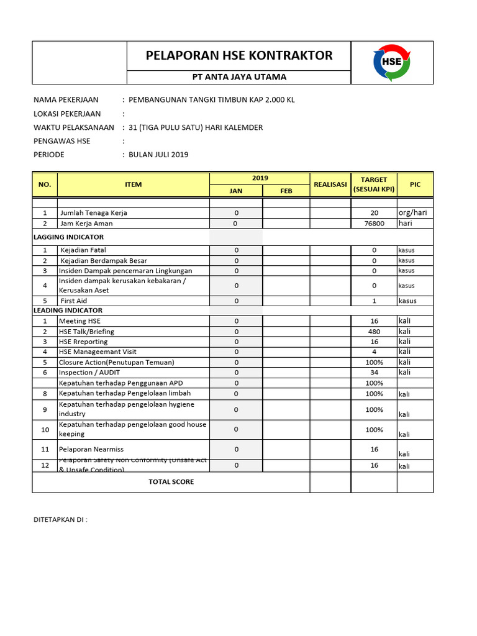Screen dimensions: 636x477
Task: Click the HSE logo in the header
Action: (392, 63)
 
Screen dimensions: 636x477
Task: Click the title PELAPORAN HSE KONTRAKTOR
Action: (239, 55)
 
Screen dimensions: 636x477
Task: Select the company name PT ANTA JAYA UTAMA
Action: (238, 77)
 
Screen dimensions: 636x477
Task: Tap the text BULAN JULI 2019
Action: (158, 155)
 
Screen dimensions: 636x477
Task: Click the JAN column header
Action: (236, 191)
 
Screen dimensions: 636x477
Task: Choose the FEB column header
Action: (286, 191)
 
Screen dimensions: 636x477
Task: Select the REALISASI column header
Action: (330, 184)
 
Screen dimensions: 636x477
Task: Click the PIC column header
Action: (415, 184)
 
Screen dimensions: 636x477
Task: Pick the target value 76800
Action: (374, 223)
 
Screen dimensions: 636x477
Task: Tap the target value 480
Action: (374, 332)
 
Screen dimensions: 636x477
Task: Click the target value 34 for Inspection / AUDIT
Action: (374, 372)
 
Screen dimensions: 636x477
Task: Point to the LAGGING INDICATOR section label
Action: (68, 237)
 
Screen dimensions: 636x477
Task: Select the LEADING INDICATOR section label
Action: (68, 311)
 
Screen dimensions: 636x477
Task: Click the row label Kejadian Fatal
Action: (83, 250)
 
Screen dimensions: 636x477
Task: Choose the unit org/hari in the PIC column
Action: (412, 212)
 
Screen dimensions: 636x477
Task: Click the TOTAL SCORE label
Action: (171, 482)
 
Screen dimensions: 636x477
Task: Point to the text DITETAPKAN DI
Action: (60, 520)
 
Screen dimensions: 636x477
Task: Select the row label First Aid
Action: (75, 301)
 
